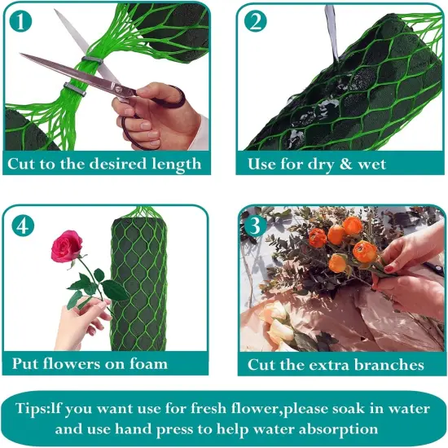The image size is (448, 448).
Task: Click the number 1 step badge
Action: click(x=20, y=21)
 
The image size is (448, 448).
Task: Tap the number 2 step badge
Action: click(x=256, y=21)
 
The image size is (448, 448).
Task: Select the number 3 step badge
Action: click(x=255, y=226)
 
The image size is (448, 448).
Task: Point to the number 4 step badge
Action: click(x=23, y=226)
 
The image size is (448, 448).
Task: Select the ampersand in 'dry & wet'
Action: click(x=346, y=164)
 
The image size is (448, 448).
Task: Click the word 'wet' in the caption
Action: click(x=371, y=165)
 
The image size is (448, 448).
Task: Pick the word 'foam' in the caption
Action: click(x=148, y=364)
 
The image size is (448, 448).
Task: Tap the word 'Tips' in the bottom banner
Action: click(x=31, y=409)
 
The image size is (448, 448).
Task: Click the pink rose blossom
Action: click(x=66, y=246)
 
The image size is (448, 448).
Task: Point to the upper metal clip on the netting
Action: click(x=92, y=60)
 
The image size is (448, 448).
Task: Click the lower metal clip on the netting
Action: click(x=75, y=89)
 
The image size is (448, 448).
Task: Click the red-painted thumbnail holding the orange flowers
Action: click(x=389, y=269)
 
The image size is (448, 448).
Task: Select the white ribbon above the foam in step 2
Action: click(x=332, y=32)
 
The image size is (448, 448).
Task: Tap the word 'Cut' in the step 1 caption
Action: click(x=22, y=164)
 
